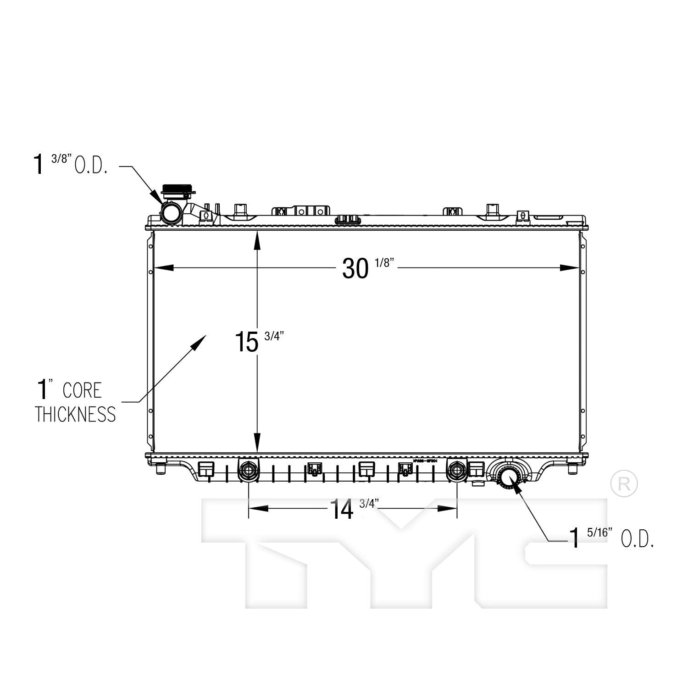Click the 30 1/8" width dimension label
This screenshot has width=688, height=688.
pos(367,268)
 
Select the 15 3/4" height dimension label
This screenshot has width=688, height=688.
pos(259,341)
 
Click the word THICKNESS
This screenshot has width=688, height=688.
pos(75,415)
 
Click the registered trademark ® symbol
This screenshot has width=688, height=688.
pos(624,483)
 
